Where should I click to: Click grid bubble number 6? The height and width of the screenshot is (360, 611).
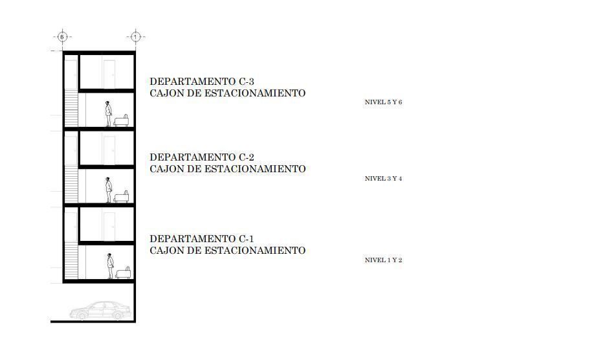click(x=62, y=37)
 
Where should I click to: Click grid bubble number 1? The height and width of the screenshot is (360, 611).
click(x=135, y=37)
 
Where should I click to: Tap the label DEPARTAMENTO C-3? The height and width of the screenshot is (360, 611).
click(x=202, y=82)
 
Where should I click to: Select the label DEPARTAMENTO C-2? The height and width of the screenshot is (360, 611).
click(x=202, y=157)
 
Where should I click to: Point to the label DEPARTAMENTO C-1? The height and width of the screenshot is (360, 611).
click(x=202, y=238)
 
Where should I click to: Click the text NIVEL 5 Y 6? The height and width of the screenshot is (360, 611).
click(x=383, y=102)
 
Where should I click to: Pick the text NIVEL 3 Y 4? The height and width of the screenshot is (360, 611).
click(x=383, y=179)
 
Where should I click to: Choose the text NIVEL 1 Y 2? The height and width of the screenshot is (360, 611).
click(x=383, y=260)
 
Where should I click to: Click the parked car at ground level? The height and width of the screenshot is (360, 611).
click(x=100, y=311)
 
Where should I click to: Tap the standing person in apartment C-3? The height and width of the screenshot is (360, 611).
click(x=108, y=114)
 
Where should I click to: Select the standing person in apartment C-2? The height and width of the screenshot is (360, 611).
click(x=108, y=190)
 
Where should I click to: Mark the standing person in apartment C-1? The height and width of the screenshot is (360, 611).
click(x=111, y=266)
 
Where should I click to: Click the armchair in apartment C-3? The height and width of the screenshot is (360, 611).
click(x=121, y=121)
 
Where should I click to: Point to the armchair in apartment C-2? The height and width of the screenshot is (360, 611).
click(x=121, y=197)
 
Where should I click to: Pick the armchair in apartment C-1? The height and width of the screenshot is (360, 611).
click(x=123, y=273)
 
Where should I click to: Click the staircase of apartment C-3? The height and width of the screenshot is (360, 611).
click(x=71, y=108)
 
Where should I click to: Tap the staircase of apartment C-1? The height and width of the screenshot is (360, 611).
click(x=71, y=260)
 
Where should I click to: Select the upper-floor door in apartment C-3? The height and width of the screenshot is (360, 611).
click(x=109, y=74)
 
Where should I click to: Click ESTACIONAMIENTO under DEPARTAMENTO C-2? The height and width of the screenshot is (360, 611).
click(x=255, y=169)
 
